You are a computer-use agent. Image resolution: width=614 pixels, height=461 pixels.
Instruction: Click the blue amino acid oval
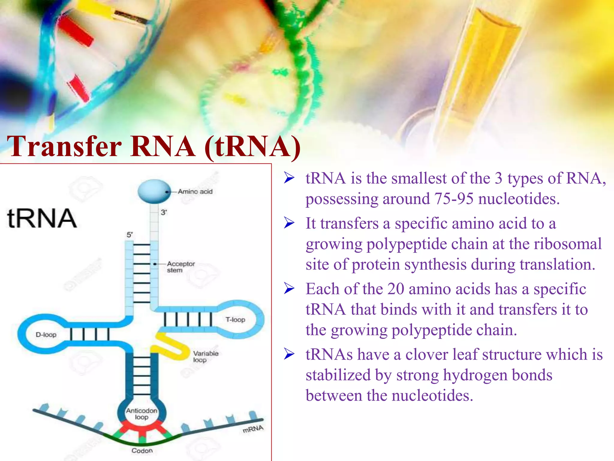tap(154, 191)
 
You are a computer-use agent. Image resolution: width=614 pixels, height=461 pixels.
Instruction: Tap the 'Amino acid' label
tap(195, 191)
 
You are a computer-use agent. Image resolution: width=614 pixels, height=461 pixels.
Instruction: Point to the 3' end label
tap(164, 212)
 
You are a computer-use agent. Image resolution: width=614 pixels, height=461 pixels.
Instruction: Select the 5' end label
tap(130, 235)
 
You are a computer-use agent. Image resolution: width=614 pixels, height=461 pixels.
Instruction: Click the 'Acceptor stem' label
tap(180, 267)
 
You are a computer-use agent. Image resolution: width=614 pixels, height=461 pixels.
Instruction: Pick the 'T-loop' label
tap(235, 320)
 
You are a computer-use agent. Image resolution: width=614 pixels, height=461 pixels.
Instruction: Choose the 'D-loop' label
tap(46, 335)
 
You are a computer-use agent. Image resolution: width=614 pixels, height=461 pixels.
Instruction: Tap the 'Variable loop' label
tap(206, 357)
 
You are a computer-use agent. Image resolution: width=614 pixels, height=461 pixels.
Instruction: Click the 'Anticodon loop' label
tap(142, 414)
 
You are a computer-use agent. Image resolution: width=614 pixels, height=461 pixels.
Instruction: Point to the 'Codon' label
tap(142, 450)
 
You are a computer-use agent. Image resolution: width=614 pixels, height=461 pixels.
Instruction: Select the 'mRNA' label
tap(253, 429)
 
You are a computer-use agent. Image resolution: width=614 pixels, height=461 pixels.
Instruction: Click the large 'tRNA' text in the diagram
tap(42, 218)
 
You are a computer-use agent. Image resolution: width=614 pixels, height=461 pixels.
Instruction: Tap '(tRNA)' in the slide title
tap(252, 146)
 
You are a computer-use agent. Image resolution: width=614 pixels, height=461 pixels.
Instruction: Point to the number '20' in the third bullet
tap(396, 289)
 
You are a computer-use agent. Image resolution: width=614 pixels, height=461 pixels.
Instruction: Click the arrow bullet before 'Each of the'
tap(289, 289)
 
